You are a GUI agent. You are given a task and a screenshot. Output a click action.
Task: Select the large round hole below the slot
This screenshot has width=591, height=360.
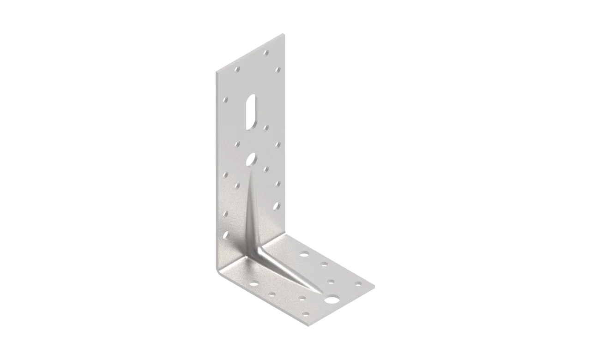tap(252, 159)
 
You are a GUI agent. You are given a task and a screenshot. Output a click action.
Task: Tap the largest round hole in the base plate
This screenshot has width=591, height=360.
tap(332, 300)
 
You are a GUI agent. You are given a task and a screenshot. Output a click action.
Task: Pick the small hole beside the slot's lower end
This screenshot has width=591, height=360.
tap(266, 126)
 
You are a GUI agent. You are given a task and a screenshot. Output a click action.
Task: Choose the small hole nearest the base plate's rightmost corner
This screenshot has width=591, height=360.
tap(358, 283)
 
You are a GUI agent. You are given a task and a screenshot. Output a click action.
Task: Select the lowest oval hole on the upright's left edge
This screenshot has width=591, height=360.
tap(225, 234)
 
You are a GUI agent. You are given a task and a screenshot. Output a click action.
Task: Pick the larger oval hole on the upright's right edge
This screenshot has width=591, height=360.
tap(277, 205)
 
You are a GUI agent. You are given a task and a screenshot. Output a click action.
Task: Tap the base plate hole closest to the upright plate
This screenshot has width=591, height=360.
tap(304, 253)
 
